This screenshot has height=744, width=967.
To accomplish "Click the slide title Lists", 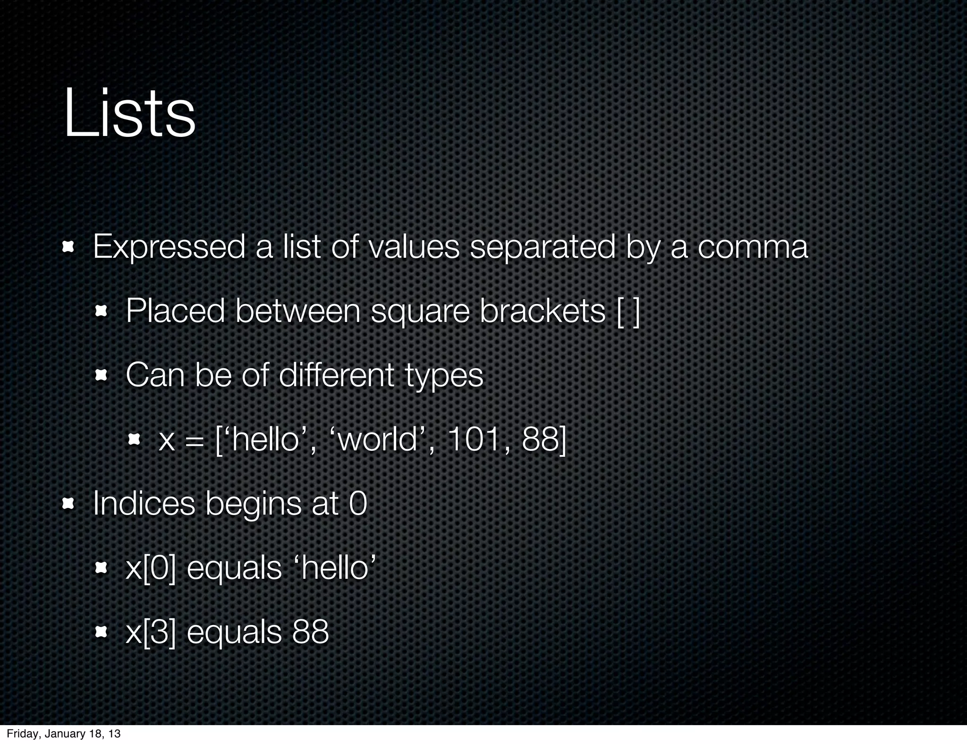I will (129, 114).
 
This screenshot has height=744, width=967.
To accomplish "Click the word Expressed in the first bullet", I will (169, 247).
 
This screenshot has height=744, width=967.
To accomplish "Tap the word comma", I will (753, 247).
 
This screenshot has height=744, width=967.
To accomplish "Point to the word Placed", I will (175, 312).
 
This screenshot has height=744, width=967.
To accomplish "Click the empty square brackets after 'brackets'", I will (628, 312).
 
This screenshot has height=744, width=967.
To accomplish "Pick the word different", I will (336, 376).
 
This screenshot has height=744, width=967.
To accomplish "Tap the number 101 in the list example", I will (473, 440).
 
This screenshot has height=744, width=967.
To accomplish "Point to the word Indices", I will (144, 504).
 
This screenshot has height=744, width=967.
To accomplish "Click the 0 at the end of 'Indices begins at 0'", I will (358, 504).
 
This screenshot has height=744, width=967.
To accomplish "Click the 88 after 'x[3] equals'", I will (310, 632).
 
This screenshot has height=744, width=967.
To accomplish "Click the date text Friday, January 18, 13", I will (63, 734).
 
